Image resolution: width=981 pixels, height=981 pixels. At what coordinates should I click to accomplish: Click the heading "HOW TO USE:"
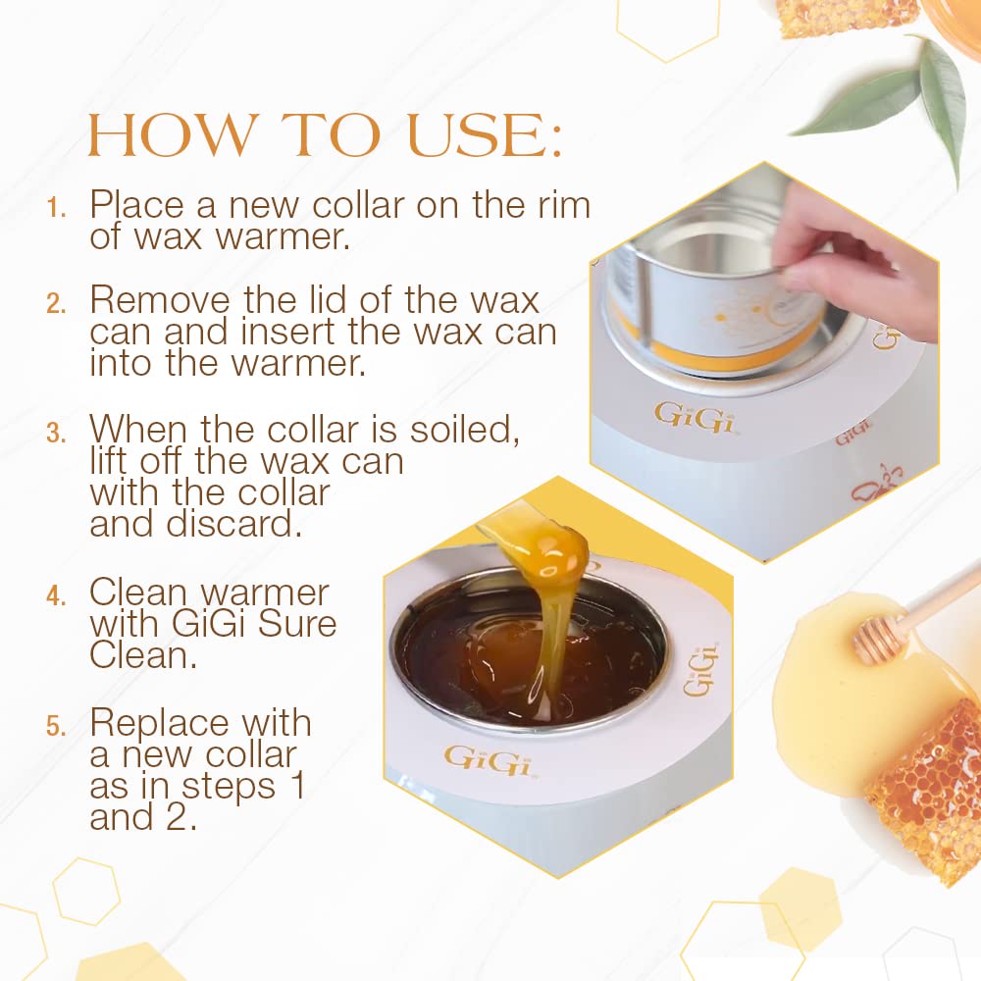[325, 136]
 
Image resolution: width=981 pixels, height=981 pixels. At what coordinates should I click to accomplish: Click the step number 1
[57, 208]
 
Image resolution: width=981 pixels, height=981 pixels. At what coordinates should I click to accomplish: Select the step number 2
[55, 302]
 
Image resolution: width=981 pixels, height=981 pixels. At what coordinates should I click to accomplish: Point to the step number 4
[56, 595]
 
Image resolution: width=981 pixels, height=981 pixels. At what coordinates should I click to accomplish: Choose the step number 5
[56, 726]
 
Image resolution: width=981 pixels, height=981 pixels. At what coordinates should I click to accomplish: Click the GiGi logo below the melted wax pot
[488, 757]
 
